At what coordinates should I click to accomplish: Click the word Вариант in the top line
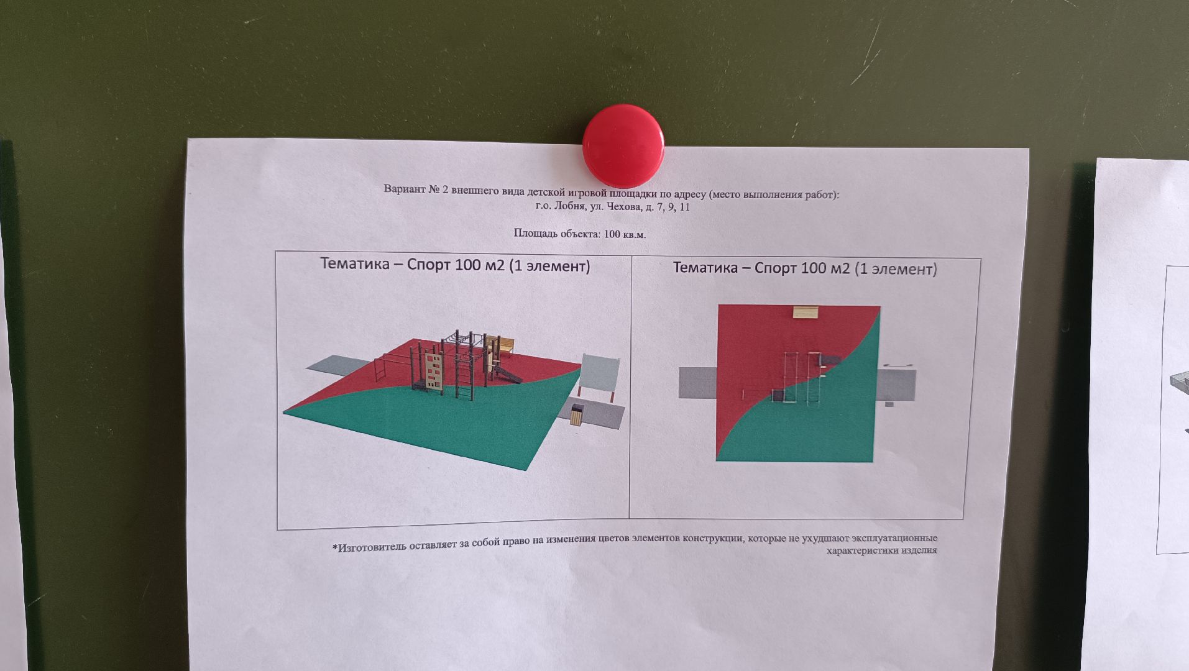click(x=405, y=189)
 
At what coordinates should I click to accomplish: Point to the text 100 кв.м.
click(x=625, y=234)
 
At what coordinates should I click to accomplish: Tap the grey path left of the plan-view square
click(x=697, y=383)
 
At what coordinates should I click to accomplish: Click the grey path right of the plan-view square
click(x=896, y=385)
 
